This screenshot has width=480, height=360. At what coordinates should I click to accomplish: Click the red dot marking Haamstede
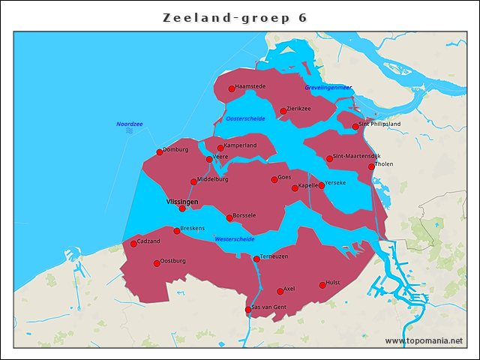coord(232,88)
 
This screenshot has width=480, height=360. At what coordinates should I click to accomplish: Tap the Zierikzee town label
coord(298,109)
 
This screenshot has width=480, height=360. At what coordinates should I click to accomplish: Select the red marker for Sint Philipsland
coord(355,126)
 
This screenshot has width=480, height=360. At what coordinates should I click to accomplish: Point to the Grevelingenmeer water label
coord(328,88)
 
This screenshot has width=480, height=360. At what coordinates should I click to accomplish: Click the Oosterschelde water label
coord(245,118)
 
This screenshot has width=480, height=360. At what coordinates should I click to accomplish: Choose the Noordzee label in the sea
coord(129,124)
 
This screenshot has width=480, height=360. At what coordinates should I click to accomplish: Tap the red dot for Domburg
coord(159,151)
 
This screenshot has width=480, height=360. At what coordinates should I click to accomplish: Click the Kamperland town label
coord(240,145)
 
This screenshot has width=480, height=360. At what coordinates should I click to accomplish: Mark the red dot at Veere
coord(209,159)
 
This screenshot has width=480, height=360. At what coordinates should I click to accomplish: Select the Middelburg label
coord(212,179)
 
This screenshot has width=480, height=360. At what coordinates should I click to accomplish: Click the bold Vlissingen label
coord(181,202)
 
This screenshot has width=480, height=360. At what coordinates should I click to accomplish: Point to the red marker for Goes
coord(274,179)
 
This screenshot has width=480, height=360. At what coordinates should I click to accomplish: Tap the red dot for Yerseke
coord(321,185)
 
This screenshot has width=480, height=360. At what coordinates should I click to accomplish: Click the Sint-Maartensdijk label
coord(357,156)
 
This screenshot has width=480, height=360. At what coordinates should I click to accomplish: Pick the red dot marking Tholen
coord(371,166)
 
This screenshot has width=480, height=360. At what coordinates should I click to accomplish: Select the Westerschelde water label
coord(234,238)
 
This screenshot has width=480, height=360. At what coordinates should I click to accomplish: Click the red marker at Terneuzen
coord(256,259)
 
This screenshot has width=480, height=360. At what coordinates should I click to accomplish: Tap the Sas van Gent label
coord(268,307)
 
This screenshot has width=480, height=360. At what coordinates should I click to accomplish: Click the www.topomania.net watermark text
coord(424,340)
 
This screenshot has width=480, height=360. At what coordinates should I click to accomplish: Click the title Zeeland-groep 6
coord(235,17)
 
